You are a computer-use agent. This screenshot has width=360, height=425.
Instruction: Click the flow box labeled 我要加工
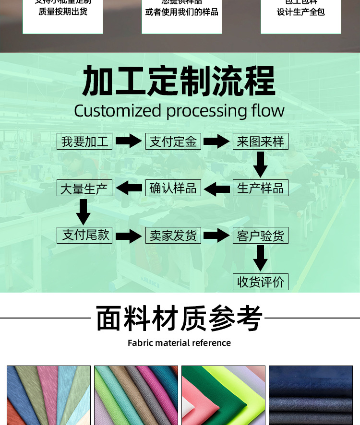[x=85, y=142]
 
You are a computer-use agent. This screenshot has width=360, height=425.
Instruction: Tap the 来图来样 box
[x=261, y=142]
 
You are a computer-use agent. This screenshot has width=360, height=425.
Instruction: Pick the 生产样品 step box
[x=261, y=188]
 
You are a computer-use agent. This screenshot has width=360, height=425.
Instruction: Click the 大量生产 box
[x=85, y=188]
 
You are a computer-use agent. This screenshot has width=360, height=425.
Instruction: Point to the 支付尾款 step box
[x=85, y=235]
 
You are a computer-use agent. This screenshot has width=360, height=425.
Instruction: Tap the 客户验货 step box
[x=261, y=236]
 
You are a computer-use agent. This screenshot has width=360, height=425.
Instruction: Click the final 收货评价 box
[x=261, y=282]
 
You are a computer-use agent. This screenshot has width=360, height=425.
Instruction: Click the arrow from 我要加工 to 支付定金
[x=129, y=142]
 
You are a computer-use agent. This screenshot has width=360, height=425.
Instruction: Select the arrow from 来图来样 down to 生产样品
[x=261, y=165]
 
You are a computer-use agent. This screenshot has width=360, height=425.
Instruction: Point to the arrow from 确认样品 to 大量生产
[x=129, y=188]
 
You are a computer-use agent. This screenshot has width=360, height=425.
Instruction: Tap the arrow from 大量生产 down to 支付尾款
[x=84, y=212]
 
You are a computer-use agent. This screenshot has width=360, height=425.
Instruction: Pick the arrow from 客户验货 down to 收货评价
[x=261, y=258]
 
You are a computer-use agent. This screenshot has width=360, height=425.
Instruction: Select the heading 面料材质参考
[x=180, y=318]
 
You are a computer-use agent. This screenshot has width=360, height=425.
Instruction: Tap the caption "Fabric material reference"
[x=179, y=343]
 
